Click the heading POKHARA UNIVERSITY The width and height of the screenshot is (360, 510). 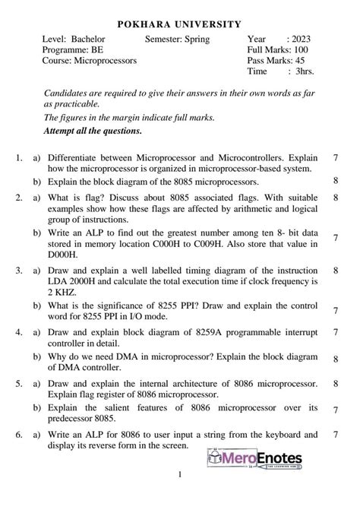(x=179, y=24)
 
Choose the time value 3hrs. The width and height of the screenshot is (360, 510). (x=305, y=71)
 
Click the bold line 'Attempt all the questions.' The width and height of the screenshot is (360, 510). (x=93, y=130)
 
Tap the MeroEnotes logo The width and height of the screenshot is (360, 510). (x=254, y=460)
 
